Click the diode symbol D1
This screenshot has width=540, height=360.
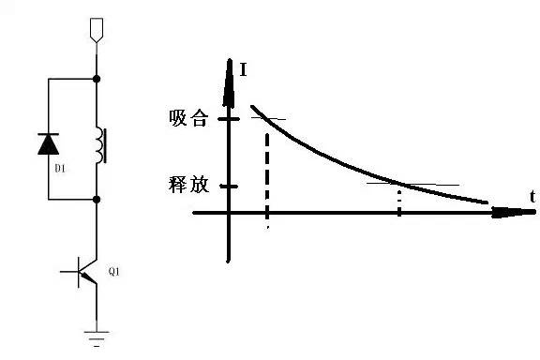[x=48, y=143]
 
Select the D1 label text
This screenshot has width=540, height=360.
[x=60, y=169]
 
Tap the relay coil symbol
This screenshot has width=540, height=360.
[x=100, y=145]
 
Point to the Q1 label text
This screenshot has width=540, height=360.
[x=114, y=272]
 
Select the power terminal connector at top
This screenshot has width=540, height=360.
[x=97, y=30]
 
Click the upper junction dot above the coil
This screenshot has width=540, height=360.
[x=97, y=79]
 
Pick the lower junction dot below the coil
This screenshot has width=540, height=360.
[x=97, y=200]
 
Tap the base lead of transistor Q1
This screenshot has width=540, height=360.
[x=69, y=272]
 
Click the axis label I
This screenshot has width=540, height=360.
[x=243, y=69]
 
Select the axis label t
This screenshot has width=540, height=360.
[x=532, y=197]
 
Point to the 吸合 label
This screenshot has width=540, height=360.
[x=188, y=118]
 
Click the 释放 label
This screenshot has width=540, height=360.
[x=188, y=185]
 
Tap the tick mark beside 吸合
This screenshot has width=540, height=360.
[x=229, y=119]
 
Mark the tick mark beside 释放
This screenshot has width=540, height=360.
[x=229, y=187]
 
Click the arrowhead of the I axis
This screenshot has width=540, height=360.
[x=229, y=82]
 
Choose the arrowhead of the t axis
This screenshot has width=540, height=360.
[x=513, y=212]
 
